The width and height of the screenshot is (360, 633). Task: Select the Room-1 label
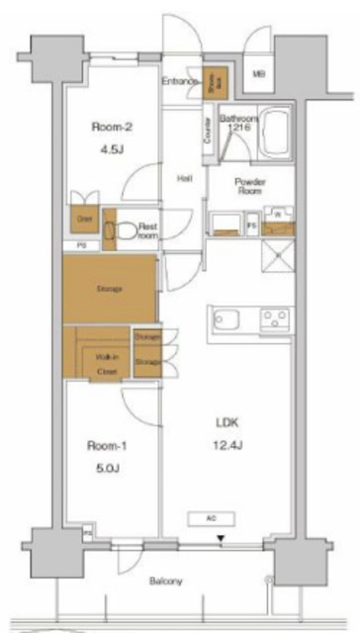tap(106, 445)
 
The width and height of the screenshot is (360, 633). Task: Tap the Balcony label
tap(166, 581)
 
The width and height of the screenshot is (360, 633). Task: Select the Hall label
tap(184, 178)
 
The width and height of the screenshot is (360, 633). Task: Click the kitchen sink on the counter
tap(223, 320)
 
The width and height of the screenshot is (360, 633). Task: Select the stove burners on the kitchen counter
tap(273, 318)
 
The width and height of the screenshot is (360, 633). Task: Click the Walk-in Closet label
tap(107, 363)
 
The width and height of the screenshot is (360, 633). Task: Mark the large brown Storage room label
tap(109, 288)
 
